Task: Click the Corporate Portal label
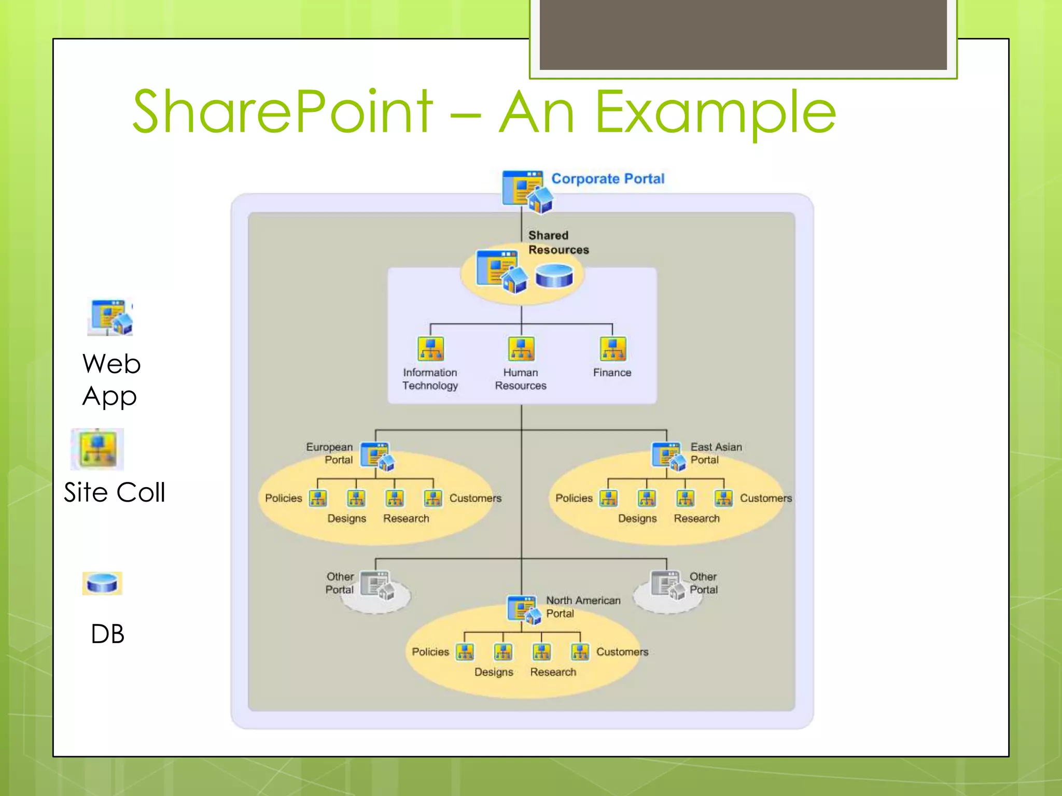click(607, 179)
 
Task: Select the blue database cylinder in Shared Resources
click(554, 275)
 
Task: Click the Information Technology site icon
click(430, 349)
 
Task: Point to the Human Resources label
click(521, 379)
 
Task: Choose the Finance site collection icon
click(612, 349)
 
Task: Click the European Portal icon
click(378, 456)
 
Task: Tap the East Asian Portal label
click(716, 453)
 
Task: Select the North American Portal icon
click(524, 609)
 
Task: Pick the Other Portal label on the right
click(703, 583)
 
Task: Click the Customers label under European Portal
click(475, 498)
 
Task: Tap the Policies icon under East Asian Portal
click(608, 498)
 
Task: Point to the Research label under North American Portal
click(553, 672)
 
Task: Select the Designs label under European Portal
click(346, 518)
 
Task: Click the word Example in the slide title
click(716, 111)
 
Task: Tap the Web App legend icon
click(110, 317)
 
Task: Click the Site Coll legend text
click(115, 492)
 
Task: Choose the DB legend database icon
click(102, 583)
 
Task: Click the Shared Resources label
click(558, 243)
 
